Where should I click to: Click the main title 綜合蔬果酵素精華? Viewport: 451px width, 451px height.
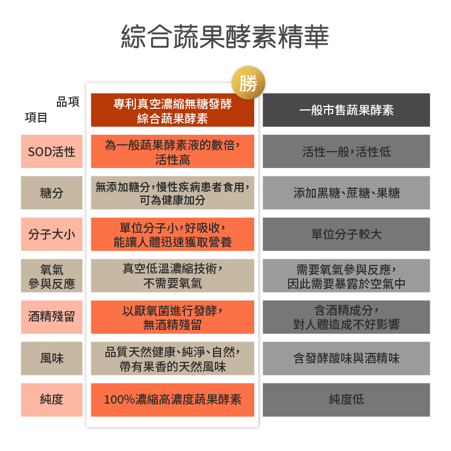click(225, 37)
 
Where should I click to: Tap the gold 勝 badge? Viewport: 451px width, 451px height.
click(248, 83)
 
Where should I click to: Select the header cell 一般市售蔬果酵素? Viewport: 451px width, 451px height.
click(346, 110)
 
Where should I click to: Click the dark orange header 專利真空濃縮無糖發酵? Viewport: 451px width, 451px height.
click(173, 110)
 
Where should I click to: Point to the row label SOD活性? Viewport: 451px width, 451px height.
click(52, 151)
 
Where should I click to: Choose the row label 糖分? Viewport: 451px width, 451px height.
click(52, 193)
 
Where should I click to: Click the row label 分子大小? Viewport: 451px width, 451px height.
click(52, 234)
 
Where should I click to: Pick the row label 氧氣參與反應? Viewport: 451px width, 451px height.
click(52, 276)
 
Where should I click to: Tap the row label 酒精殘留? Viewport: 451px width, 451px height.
click(52, 317)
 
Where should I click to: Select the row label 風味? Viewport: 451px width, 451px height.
click(52, 359)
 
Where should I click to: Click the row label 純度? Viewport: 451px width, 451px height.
click(52, 400)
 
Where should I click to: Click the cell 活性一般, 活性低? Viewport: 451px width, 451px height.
click(346, 151)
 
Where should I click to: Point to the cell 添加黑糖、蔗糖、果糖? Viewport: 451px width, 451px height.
click(346, 193)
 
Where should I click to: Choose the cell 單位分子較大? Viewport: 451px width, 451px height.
click(346, 234)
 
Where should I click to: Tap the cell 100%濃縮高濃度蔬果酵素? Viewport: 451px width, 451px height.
click(173, 400)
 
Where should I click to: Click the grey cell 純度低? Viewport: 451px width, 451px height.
click(346, 400)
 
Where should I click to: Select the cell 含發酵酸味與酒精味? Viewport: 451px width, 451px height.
click(346, 359)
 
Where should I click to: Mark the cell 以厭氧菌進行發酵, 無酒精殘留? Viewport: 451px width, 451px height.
click(173, 317)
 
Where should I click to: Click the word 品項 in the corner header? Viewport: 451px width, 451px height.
click(68, 102)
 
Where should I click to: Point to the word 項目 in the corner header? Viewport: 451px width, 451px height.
click(36, 118)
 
